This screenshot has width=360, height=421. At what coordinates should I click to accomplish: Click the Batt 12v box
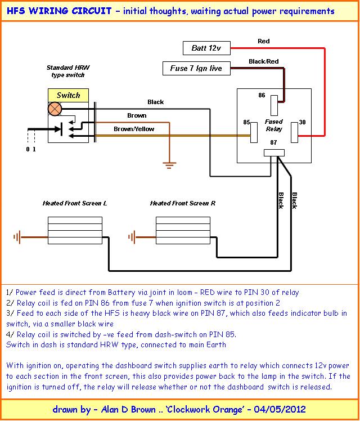[206, 48]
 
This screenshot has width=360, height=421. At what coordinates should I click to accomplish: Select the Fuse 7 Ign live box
[196, 68]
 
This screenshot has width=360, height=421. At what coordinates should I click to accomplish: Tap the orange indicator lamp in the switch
[55, 109]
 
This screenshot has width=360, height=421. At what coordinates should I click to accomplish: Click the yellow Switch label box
[68, 95]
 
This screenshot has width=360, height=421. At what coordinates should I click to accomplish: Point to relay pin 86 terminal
[274, 105]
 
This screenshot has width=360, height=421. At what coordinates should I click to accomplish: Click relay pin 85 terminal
[254, 132]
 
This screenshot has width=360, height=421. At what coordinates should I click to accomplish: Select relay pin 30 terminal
[295, 132]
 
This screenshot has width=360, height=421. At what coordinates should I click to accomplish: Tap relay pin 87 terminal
[274, 153]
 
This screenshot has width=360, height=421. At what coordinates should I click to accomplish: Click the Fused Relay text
[274, 126]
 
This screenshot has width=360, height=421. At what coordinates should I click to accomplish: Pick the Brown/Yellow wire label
[134, 129]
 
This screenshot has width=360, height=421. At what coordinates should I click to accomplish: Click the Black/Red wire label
[264, 61]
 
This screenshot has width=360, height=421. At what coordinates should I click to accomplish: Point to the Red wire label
[264, 41]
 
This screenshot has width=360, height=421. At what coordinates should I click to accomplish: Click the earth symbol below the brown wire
[169, 165]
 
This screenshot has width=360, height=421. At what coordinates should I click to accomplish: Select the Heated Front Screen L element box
[75, 230]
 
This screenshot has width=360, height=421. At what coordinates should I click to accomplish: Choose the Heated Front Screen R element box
[183, 230]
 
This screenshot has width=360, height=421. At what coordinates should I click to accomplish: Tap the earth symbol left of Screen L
[17, 237]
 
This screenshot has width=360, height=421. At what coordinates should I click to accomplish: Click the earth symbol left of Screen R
[132, 237]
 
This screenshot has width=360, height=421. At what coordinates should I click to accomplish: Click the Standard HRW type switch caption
[68, 71]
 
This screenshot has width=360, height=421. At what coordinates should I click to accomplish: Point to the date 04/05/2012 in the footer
[280, 409]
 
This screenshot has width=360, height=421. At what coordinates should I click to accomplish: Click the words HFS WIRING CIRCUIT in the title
[59, 11]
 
